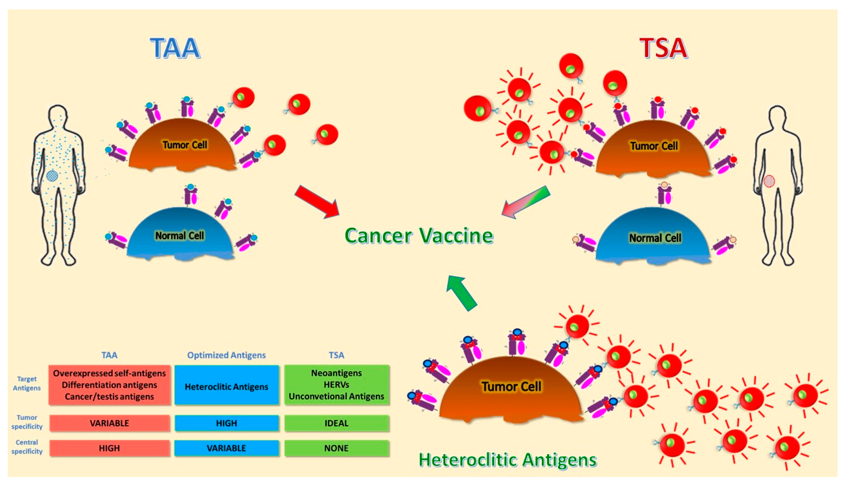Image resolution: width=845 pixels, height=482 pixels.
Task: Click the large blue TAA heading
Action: (x=175, y=48)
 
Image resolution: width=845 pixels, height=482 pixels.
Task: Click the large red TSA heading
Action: (x=663, y=48)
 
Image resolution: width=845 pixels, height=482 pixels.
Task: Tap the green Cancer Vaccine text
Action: (x=419, y=236)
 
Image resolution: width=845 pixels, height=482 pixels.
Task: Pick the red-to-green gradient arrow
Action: (x=526, y=202)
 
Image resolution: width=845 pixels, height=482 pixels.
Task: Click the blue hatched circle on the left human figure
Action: (x=52, y=176)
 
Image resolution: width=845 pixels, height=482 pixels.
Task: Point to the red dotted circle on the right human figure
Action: (x=769, y=181)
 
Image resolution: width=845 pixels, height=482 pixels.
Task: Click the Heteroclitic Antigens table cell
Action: (x=227, y=385)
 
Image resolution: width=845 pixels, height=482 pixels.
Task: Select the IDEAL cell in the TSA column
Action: (x=336, y=423)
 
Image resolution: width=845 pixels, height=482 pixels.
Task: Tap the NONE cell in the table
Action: (x=336, y=448)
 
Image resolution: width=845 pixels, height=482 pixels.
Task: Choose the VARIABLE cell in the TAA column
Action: (x=109, y=423)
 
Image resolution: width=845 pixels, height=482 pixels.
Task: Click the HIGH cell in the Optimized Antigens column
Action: (x=227, y=423)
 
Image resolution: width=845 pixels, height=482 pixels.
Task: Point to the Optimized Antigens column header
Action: (x=227, y=355)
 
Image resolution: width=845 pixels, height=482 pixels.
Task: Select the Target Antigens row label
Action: (x=27, y=383)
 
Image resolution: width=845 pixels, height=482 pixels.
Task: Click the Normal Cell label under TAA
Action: (x=180, y=236)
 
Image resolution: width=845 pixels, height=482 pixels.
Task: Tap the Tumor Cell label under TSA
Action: (x=654, y=146)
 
